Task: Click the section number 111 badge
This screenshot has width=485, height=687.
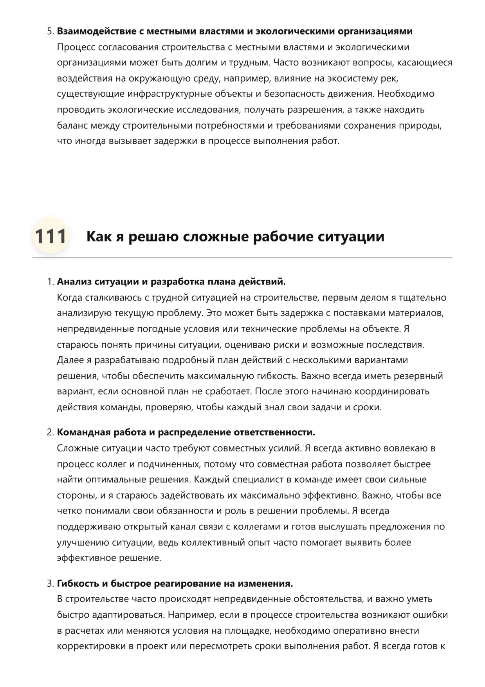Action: (50, 236)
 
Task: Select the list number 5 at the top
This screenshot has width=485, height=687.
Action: (50, 31)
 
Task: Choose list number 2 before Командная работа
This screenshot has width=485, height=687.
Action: (50, 433)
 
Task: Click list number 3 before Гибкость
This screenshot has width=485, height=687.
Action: (50, 584)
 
